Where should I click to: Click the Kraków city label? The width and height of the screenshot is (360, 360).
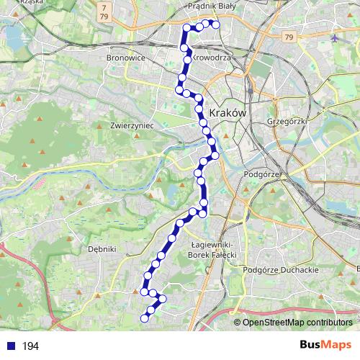(228, 114)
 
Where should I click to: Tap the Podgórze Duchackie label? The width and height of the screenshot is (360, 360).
(282, 269)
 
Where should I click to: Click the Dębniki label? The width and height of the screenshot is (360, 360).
(102, 248)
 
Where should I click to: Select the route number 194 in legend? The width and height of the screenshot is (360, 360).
(30, 346)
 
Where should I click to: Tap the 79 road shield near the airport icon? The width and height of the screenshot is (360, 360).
(289, 37)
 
